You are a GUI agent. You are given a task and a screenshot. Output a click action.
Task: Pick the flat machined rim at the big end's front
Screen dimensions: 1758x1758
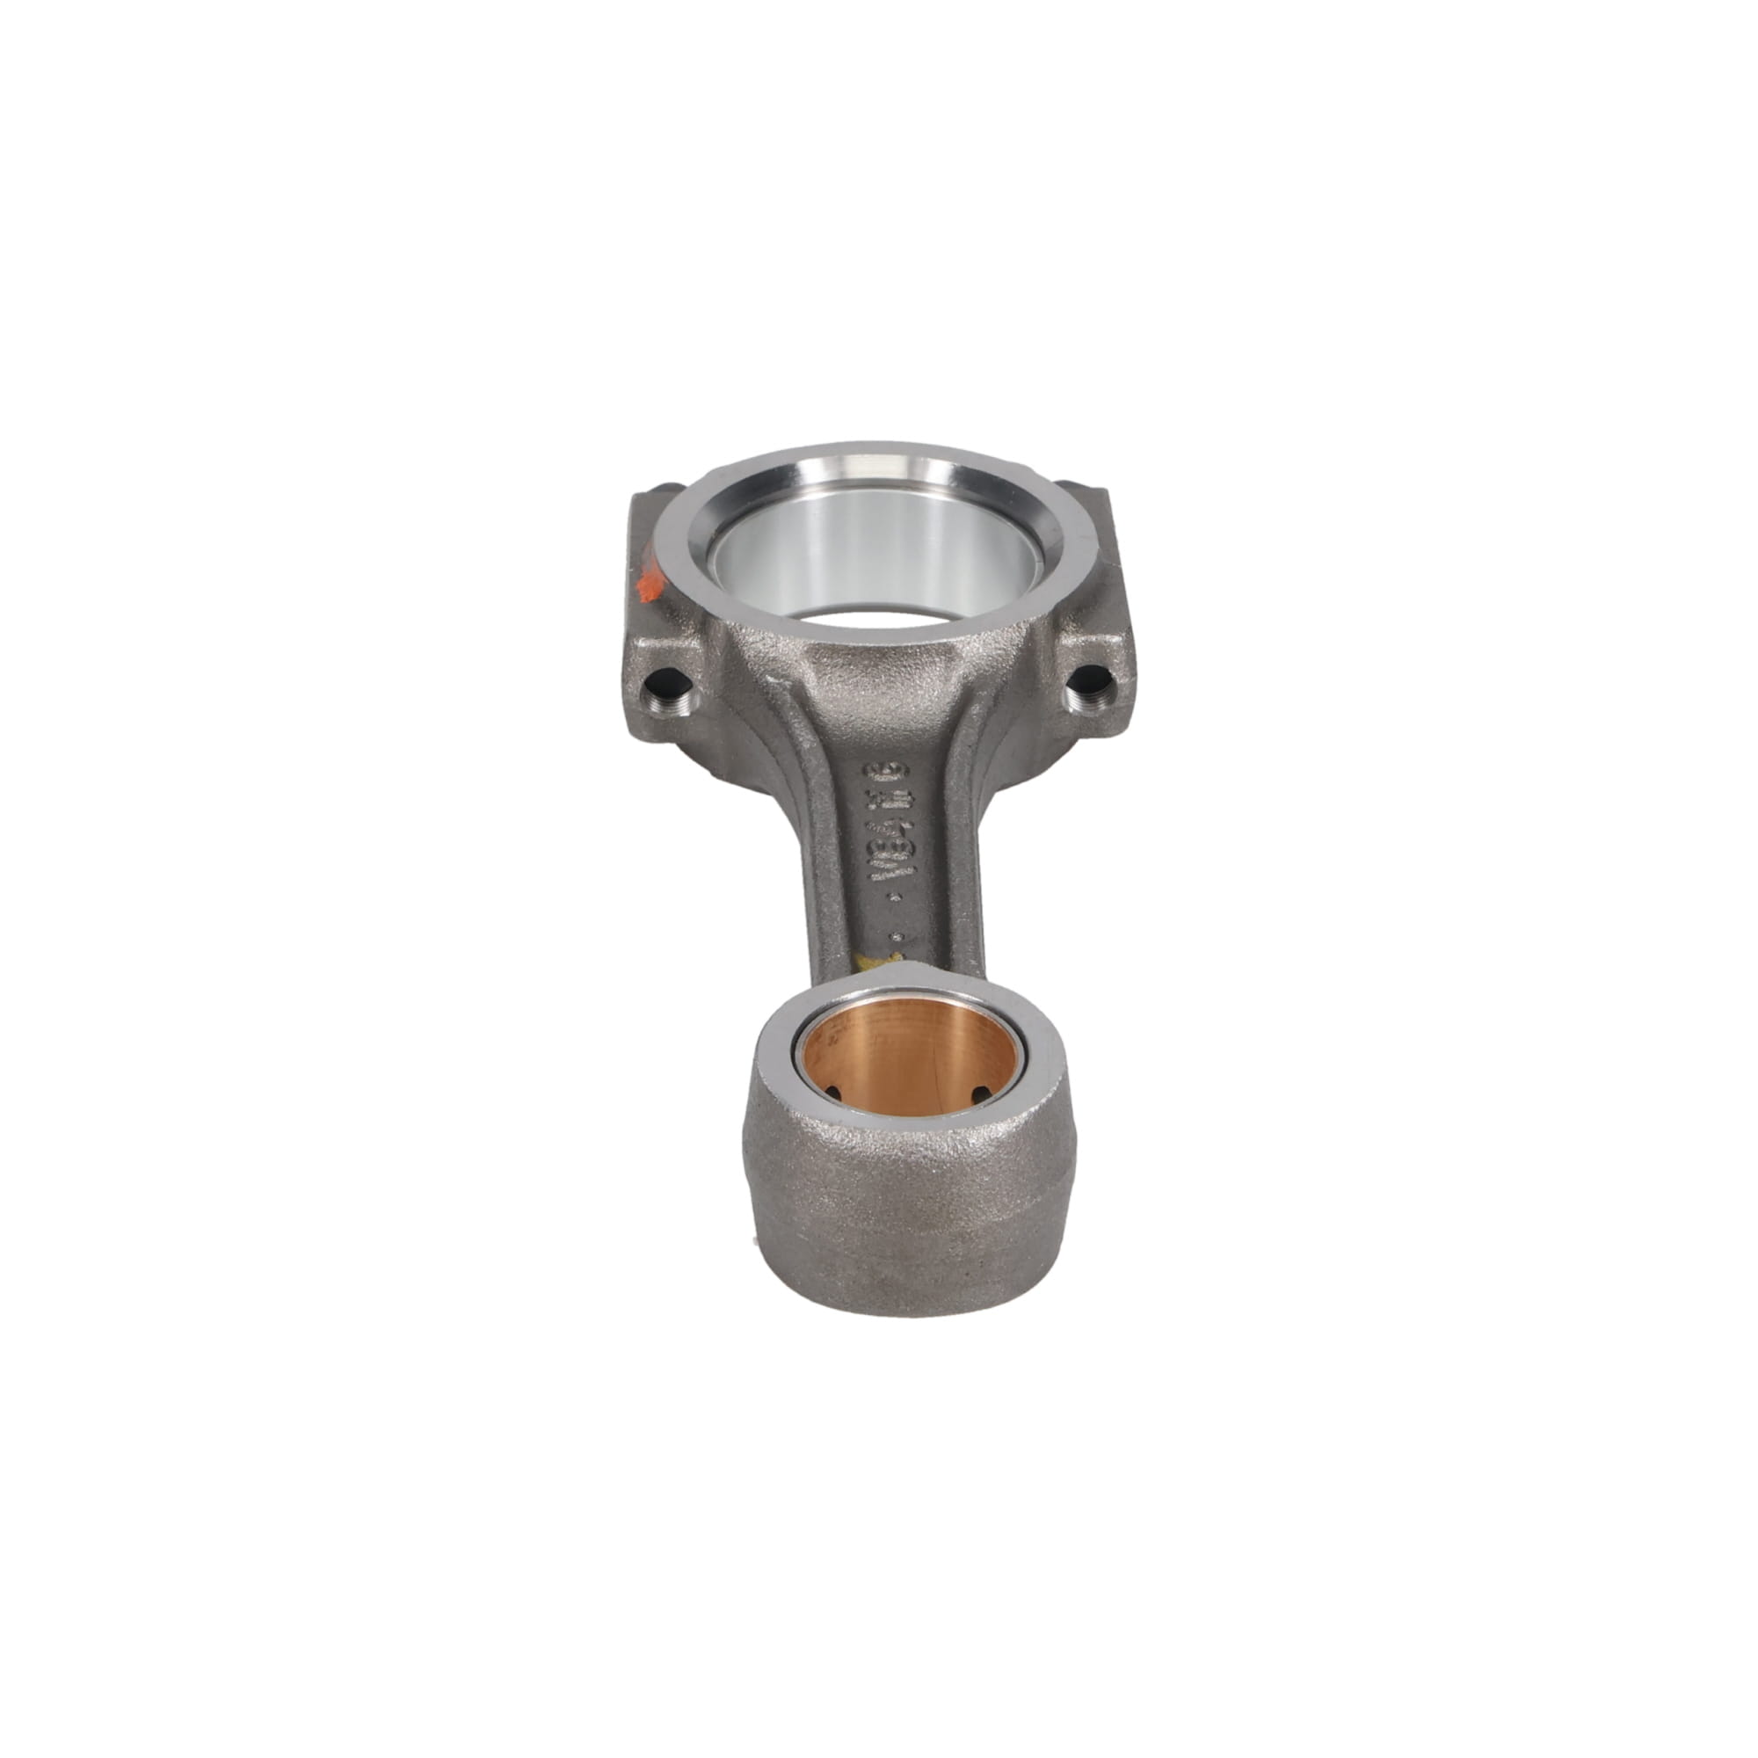click(874, 628)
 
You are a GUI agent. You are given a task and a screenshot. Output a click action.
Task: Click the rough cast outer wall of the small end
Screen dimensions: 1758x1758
click(901, 1201)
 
